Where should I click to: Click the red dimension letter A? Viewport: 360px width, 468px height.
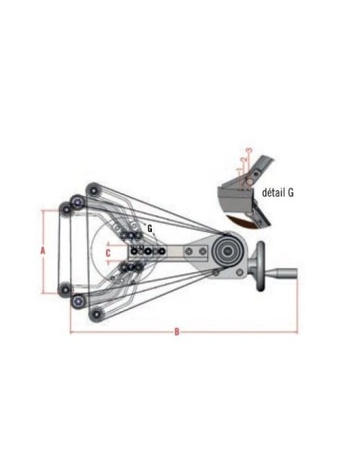(43, 251)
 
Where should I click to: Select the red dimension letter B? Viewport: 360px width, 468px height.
(176, 332)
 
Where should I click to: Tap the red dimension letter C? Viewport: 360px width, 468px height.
(108, 253)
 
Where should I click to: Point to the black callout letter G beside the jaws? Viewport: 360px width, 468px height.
(150, 229)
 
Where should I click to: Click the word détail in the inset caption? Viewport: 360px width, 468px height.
(274, 193)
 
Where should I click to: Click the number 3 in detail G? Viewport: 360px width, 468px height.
(250, 150)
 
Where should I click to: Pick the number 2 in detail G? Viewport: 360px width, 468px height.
(244, 159)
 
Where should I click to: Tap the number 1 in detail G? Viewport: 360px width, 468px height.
(239, 169)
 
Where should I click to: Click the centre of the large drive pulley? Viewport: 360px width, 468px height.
(228, 251)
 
